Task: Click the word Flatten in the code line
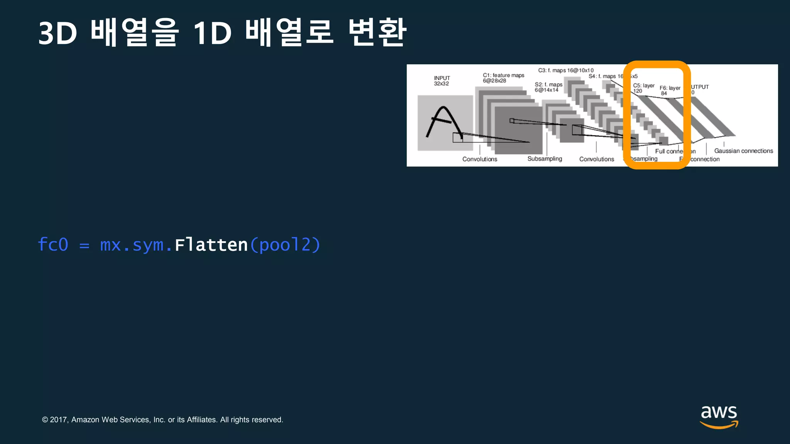[x=211, y=245]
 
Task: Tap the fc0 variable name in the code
[x=53, y=245]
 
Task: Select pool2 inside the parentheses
[x=285, y=245]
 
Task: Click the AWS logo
[x=719, y=416]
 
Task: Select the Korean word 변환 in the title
[x=377, y=32]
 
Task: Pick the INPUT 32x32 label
[x=442, y=81]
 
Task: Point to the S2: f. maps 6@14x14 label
[x=548, y=87]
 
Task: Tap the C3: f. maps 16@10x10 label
[x=566, y=71]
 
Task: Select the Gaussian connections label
[x=743, y=151]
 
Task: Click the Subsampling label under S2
[x=545, y=159]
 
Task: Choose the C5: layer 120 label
[x=643, y=88]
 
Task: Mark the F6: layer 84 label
[x=670, y=91]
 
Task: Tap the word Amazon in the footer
[x=85, y=420]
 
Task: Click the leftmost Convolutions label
[x=479, y=159]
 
